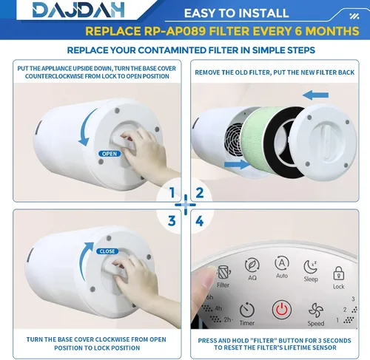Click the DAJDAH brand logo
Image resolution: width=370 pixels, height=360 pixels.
(x=78, y=10)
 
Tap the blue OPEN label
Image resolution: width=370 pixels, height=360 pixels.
(x=110, y=154)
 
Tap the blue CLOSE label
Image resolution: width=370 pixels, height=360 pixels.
(x=107, y=251)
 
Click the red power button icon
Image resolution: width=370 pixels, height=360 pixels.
(x=281, y=310)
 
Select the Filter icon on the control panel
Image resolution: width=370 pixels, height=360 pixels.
(x=223, y=272)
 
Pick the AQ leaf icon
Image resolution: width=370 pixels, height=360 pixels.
(x=252, y=265)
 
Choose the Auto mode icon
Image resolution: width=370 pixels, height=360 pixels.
(x=282, y=263)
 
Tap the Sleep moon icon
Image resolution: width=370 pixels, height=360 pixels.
(x=310, y=267)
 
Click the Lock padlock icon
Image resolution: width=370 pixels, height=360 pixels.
(x=339, y=273)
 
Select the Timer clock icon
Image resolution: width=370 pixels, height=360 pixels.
(x=247, y=310)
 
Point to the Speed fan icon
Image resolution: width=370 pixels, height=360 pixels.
(x=316, y=310)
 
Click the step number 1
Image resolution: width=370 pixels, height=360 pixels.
(x=172, y=192)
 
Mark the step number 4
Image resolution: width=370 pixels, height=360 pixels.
(x=199, y=221)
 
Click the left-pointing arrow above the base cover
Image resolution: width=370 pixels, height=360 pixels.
(x=315, y=95)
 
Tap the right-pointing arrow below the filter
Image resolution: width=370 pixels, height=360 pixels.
(x=237, y=164)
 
